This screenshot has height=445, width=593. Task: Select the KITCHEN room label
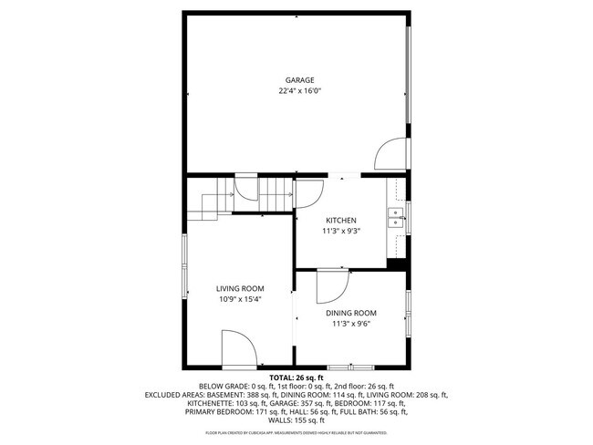pos(341,220)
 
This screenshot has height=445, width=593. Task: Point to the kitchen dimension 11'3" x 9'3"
pos(341,231)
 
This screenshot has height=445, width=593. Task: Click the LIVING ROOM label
pos(240,288)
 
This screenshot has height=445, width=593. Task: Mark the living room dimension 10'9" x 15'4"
pos(240,299)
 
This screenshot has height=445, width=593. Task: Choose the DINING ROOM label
pos(351,312)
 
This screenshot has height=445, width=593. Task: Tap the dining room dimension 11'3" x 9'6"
pos(351,323)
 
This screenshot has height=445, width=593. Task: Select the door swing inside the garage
pos(388,155)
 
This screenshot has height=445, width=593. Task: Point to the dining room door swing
pos(331,287)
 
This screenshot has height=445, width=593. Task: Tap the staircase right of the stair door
pos(277,194)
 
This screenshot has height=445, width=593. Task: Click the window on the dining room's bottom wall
pos(351,367)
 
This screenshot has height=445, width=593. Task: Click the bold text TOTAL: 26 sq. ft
pos(296,377)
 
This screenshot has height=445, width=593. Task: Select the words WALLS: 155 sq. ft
pos(296,420)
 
